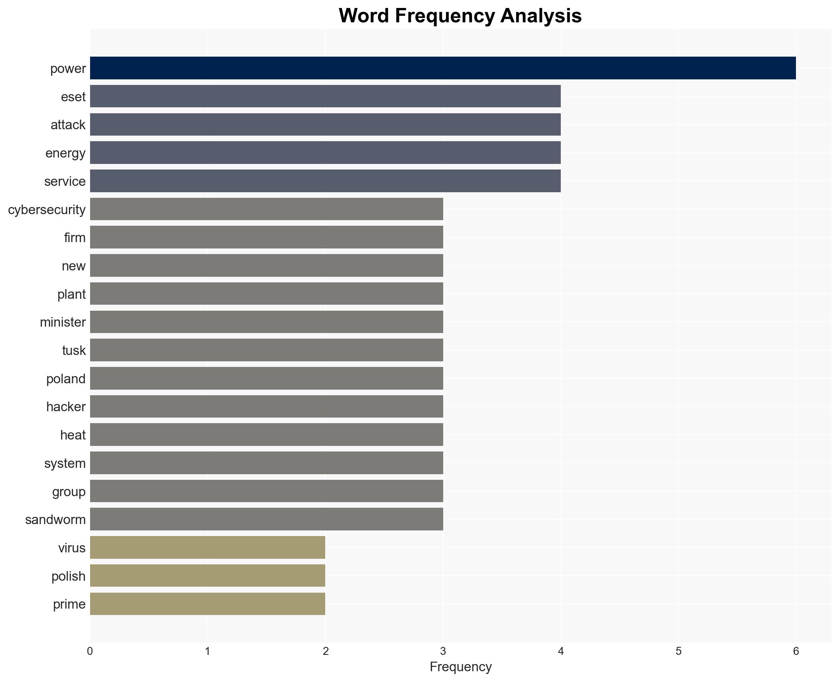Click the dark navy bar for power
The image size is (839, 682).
pyautogui.click(x=442, y=68)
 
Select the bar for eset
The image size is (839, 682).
pyautogui.click(x=325, y=96)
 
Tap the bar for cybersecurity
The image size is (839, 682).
pyautogui.click(x=266, y=209)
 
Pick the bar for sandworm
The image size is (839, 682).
pyautogui.click(x=266, y=519)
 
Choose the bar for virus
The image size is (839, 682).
pyautogui.click(x=207, y=548)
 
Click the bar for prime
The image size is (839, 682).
pyautogui.click(x=207, y=604)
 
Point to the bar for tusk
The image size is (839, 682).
pyautogui.click(x=266, y=350)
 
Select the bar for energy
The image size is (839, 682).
pyautogui.click(x=325, y=153)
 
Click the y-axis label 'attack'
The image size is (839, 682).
pyautogui.click(x=68, y=125)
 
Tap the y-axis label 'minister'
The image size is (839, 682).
pyautogui.click(x=63, y=322)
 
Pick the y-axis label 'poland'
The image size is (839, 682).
pyautogui.click(x=66, y=378)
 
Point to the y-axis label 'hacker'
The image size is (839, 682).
pyautogui.click(x=66, y=407)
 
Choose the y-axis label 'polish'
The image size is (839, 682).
pyautogui.click(x=68, y=576)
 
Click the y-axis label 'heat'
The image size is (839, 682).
pyautogui.click(x=73, y=435)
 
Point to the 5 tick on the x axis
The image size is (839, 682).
pyautogui.click(x=678, y=651)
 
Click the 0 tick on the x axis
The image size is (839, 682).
pyautogui.click(x=90, y=651)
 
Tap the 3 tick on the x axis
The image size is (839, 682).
pyautogui.click(x=443, y=651)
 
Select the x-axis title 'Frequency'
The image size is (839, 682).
pyautogui.click(x=460, y=667)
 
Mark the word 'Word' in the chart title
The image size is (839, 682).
pyautogui.click(x=364, y=16)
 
